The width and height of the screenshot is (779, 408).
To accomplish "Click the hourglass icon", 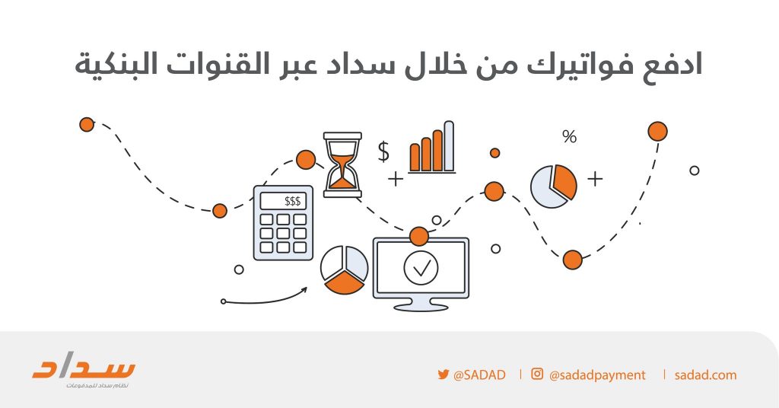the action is [342, 164].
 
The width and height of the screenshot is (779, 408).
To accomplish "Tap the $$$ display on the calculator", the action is [283, 201].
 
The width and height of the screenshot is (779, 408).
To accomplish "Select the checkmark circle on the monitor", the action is [421, 269].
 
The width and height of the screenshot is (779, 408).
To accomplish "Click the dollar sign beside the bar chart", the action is [383, 151].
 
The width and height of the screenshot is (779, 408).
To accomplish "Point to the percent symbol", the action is [569, 136].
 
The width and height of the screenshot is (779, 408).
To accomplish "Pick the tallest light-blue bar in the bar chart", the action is [449, 146].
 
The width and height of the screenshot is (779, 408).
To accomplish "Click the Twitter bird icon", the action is [444, 375].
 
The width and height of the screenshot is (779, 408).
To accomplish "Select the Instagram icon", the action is [537, 374].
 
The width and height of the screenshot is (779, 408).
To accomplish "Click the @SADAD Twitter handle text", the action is [479, 375].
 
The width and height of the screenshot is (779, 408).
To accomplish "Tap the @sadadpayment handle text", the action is [597, 375].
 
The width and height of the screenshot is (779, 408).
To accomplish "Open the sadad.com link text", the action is [705, 375].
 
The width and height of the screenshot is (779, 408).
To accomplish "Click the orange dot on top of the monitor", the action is [419, 237].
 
